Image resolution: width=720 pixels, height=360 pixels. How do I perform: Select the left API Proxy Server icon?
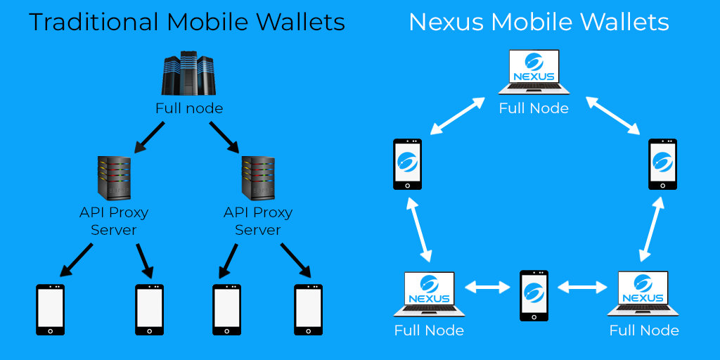click(114, 179)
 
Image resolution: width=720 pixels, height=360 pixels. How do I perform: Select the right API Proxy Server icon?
click(258, 179)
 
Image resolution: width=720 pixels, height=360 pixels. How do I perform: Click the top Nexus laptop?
click(534, 72)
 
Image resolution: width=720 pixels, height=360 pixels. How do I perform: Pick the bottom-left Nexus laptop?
click(430, 295)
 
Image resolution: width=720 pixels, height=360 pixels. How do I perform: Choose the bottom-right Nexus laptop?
click(643, 295)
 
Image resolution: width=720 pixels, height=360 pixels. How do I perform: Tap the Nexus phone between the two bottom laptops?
click(534, 295)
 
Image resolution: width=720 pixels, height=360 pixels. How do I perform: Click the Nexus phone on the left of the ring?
click(407, 164)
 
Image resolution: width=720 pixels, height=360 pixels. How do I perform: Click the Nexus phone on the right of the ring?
click(662, 164)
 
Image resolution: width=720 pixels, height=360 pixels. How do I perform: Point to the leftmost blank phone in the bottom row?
click(51, 310)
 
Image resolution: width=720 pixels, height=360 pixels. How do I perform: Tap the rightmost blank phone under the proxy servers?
click(308, 310)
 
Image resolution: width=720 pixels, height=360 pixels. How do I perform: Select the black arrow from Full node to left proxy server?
click(149, 137)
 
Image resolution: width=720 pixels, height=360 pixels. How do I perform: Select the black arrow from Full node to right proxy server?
click(224, 137)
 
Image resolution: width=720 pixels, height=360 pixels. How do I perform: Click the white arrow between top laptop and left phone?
click(457, 116)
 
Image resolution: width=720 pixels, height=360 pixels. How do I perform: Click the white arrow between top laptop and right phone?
click(613, 116)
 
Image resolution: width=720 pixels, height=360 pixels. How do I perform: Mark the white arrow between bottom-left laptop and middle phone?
click(488, 288)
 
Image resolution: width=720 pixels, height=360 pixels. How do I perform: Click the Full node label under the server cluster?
click(189, 108)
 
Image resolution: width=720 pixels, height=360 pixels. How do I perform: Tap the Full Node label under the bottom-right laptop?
click(644, 330)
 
